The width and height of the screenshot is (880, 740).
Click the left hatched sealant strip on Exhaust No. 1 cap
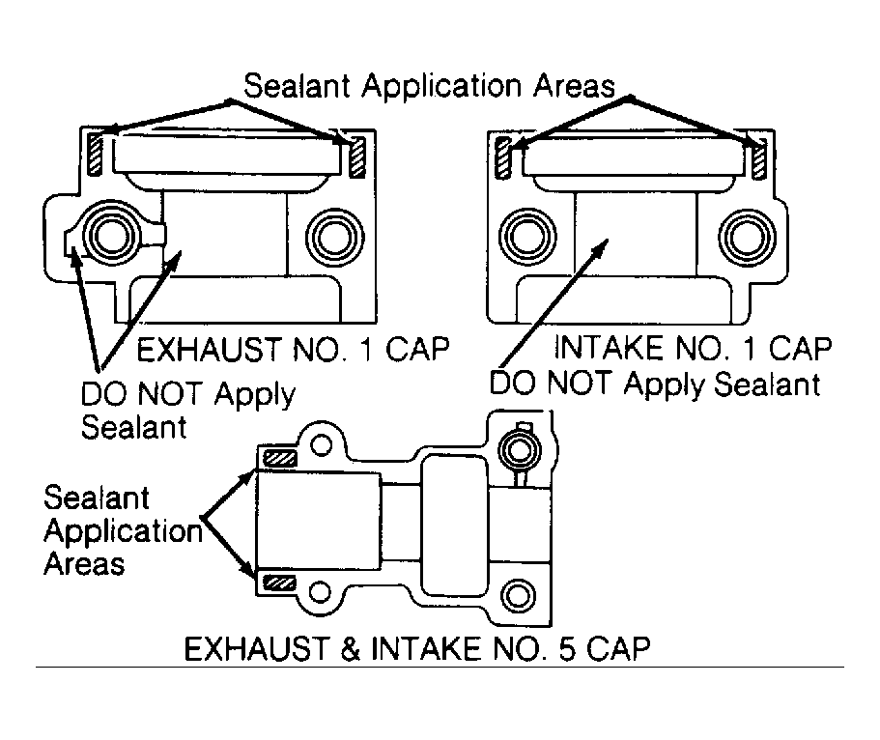click(x=96, y=155)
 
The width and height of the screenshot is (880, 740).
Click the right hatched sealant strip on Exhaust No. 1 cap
click(x=357, y=157)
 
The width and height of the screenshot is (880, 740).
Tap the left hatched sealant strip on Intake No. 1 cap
click(x=504, y=157)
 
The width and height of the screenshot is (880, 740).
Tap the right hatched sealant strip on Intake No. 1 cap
click(x=759, y=160)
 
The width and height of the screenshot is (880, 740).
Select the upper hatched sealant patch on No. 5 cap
click(x=280, y=458)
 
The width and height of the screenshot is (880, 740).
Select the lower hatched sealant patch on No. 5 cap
click(x=279, y=583)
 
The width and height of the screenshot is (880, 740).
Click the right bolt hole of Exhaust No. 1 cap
click(x=334, y=237)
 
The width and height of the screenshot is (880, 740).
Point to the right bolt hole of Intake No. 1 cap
click(x=747, y=237)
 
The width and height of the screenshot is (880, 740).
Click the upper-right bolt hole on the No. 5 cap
click(x=521, y=450)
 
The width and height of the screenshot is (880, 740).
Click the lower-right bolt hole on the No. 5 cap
click(x=518, y=596)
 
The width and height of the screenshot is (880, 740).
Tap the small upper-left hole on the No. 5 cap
click(x=322, y=444)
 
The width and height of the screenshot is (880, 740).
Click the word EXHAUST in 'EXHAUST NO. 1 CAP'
click(x=209, y=349)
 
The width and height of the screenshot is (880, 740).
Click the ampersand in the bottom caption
click(x=351, y=649)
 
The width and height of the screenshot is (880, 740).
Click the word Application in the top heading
click(x=441, y=88)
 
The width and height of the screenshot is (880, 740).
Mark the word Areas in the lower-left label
click(x=84, y=563)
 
